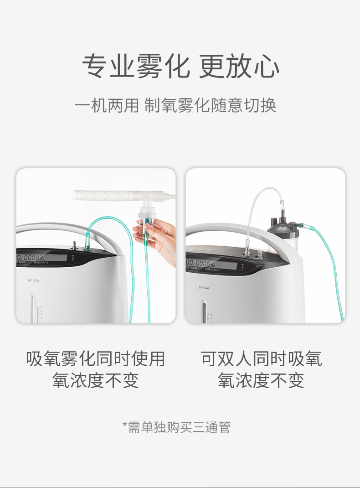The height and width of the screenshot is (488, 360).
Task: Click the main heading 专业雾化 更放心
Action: tap(180, 66)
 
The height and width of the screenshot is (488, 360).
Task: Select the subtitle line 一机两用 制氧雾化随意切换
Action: tap(175, 105)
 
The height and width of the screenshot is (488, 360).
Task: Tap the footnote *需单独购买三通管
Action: tap(176, 427)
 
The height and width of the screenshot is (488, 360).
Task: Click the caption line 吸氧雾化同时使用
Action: tap(95, 358)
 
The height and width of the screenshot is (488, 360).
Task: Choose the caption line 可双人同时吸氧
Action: tap(261, 358)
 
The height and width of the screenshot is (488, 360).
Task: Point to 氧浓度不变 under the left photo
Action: tap(95, 380)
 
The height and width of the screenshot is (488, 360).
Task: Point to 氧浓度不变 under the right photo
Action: tap(261, 380)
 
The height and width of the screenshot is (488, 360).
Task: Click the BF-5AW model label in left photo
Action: tap(34, 280)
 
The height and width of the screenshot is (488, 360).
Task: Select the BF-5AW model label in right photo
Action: tap(204, 288)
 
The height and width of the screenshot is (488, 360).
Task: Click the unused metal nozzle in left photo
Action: tap(74, 245)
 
